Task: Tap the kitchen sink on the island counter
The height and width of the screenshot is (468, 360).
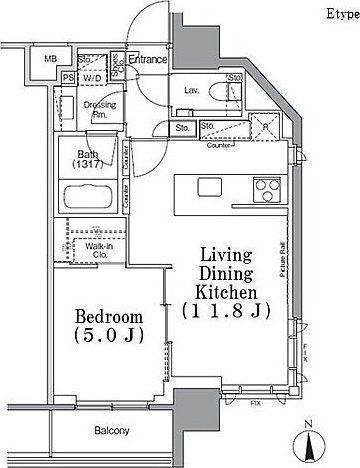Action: [209, 187]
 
